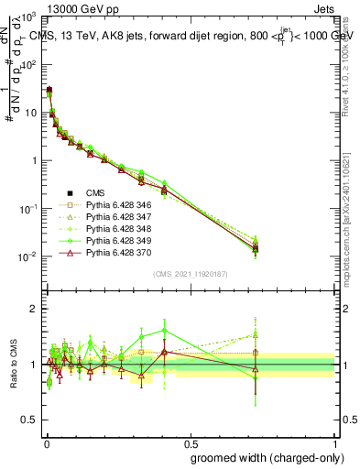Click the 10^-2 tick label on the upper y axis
[27, 256]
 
